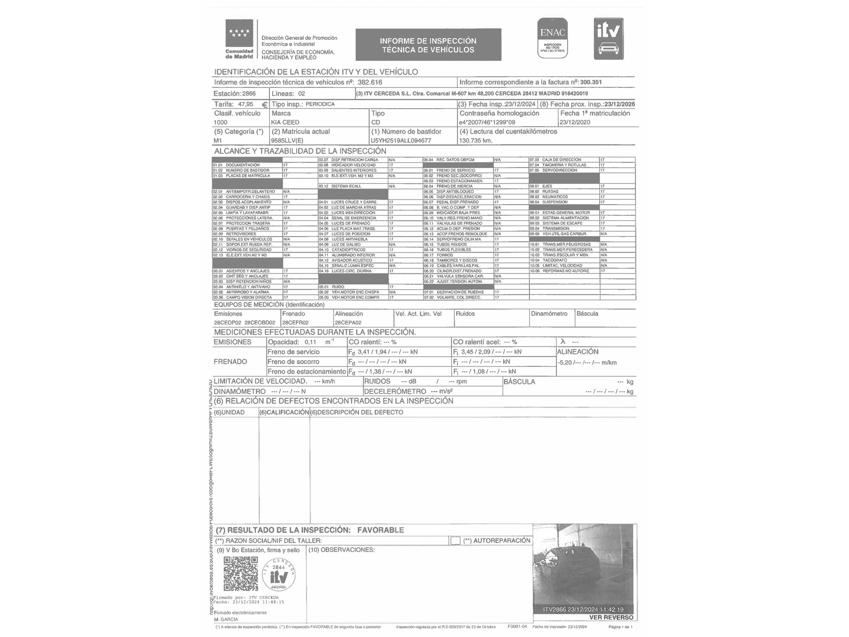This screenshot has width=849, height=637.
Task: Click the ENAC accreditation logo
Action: (552, 38)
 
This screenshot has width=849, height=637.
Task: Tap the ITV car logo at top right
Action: (608, 39)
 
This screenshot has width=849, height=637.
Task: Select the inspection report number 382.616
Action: (370, 82)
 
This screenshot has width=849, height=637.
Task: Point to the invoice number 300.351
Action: (591, 82)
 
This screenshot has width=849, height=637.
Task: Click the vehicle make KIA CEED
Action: (285, 122)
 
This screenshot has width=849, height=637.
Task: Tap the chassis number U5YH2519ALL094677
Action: (401, 141)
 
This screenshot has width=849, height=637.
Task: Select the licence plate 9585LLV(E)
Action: (287, 141)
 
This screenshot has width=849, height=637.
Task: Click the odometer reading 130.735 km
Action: (476, 141)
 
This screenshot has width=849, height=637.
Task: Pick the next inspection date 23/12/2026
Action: (620, 104)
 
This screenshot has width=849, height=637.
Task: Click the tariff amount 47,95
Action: (245, 104)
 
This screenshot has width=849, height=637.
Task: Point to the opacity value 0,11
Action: (310, 342)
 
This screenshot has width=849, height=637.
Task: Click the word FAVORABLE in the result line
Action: (380, 530)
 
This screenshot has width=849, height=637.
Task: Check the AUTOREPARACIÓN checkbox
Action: (455, 541)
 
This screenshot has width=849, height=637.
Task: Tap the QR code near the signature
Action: (241, 574)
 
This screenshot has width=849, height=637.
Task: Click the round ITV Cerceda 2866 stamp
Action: (279, 575)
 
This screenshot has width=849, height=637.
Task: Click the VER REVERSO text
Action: (611, 617)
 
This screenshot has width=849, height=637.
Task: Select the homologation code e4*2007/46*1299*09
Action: (487, 122)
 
